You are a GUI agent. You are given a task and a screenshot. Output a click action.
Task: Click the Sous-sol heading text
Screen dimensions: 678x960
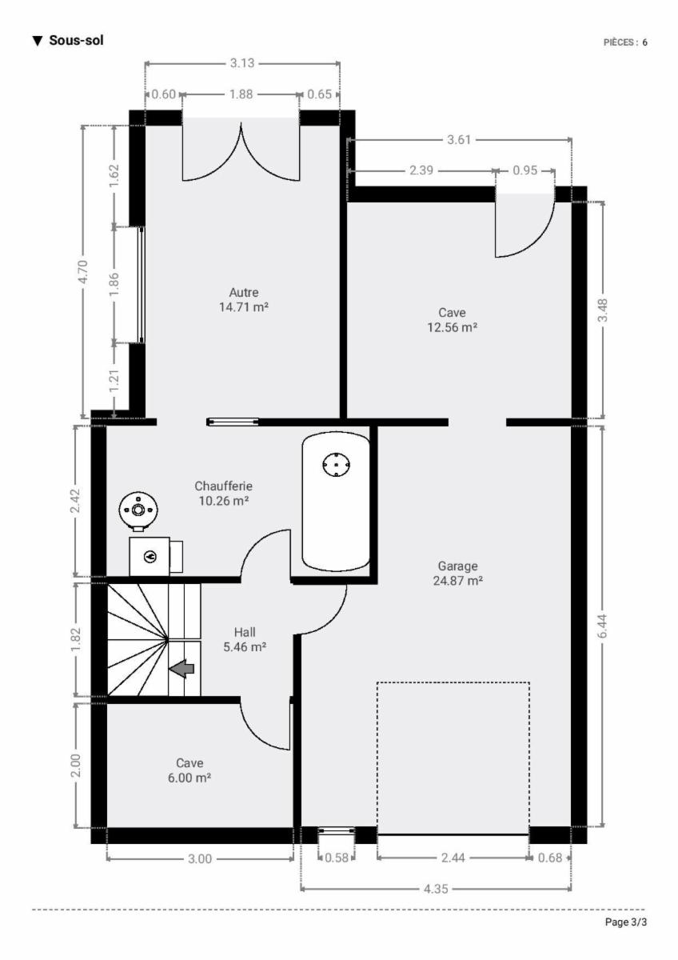coord(76,40)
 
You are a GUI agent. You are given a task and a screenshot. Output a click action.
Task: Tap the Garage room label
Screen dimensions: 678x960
coord(457,566)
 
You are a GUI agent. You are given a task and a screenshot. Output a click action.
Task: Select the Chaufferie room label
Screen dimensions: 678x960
coord(224,486)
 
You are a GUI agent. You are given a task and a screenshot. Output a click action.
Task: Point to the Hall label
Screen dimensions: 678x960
coord(245,632)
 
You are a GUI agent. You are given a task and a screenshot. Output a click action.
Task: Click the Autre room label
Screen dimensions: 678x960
coord(244,292)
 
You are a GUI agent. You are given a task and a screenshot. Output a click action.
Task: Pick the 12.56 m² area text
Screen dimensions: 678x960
coord(453,327)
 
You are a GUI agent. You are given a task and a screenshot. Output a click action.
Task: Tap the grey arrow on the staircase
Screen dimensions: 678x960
coord(181,669)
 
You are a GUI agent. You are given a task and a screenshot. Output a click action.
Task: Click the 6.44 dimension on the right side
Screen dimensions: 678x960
coord(602,626)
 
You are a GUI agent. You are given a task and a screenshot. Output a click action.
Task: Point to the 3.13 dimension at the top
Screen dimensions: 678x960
coord(242,63)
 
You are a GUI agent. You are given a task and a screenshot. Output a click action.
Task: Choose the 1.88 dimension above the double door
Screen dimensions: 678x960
coord(241,94)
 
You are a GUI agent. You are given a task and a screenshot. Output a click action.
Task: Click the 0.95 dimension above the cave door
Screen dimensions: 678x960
coord(524,170)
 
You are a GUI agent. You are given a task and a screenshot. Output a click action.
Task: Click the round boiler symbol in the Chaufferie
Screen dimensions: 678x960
coord(138,510)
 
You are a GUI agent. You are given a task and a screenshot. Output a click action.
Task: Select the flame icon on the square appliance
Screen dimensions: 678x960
coord(151,557)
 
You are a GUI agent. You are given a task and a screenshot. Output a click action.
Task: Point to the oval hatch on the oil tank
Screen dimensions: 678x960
coord(337,465)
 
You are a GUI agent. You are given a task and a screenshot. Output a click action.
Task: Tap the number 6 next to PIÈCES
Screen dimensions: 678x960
coord(644,42)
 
